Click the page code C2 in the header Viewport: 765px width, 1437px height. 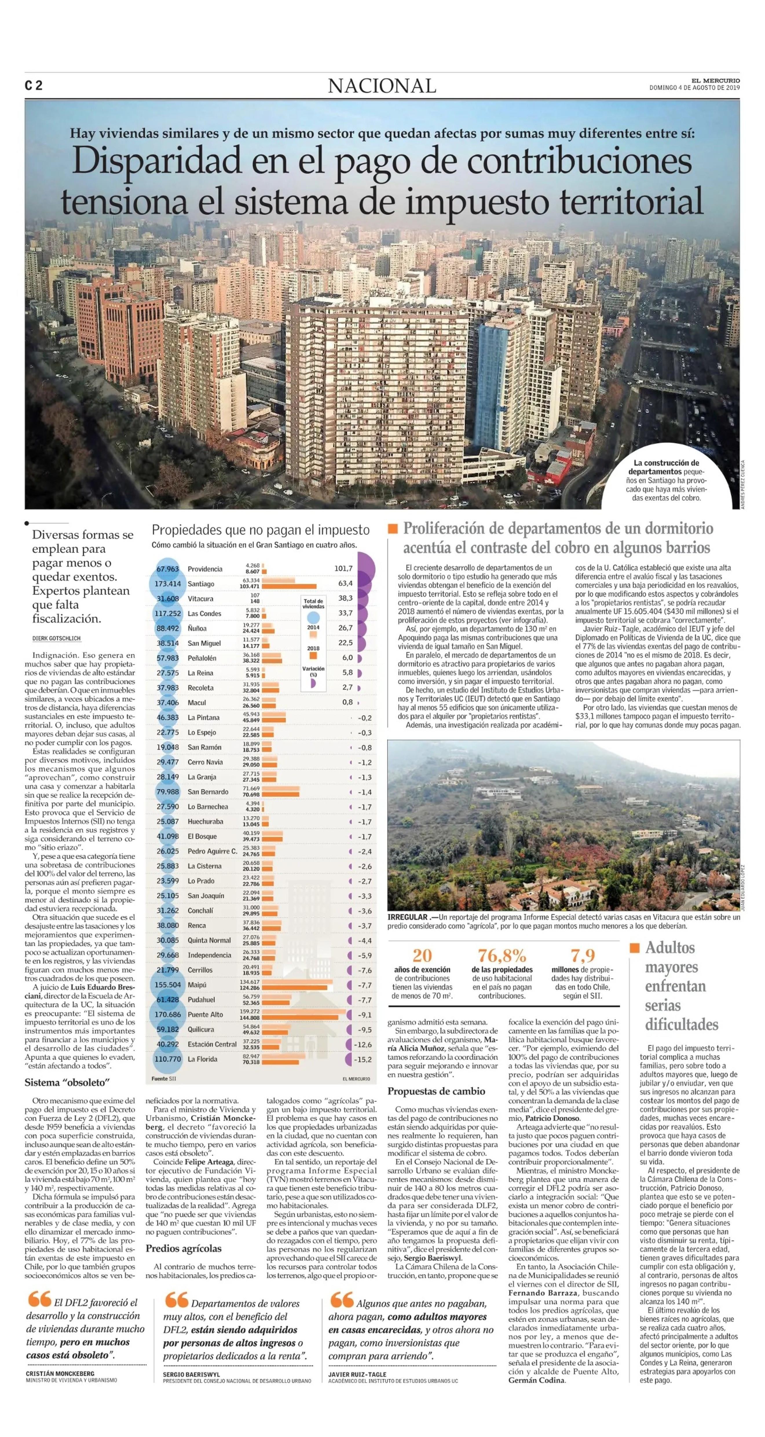tap(34, 85)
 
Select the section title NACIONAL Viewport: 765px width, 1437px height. tap(382, 86)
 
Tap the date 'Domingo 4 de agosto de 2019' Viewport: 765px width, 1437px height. tap(694, 87)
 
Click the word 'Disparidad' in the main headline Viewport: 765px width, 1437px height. tap(156, 161)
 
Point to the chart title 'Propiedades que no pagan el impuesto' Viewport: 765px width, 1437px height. tap(260, 529)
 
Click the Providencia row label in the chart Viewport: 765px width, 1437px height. tap(205, 569)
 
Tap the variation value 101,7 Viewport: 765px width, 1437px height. tap(343, 568)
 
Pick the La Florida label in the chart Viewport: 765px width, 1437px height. tap(202, 1059)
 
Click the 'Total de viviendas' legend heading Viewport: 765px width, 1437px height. tap(313, 604)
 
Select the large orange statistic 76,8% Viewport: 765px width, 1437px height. tap(502, 956)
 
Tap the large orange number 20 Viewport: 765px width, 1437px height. tap(422, 956)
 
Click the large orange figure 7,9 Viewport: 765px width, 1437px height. tap(583, 956)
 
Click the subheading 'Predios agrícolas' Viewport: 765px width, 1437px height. tap(184, 1248)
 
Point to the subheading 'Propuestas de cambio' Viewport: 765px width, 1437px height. tap(436, 1091)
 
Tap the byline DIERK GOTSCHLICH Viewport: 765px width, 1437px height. tap(56, 638)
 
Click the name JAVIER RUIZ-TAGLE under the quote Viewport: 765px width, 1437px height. tap(357, 1374)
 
